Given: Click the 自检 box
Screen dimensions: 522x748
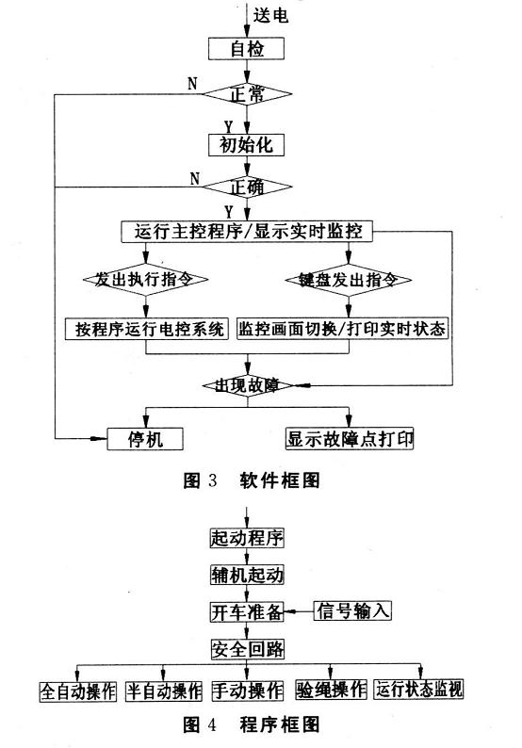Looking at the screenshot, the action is pos(246,49).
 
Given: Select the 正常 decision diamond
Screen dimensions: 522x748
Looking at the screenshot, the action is pos(247,94).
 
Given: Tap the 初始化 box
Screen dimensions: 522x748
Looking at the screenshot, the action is pos(246,144).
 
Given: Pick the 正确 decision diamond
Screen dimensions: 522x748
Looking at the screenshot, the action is pos(247,187).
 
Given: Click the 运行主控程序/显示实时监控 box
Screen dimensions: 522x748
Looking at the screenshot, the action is pos(247,232).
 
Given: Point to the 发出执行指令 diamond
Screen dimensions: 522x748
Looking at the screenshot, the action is pos(145,279).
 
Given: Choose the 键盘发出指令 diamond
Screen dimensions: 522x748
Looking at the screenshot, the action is pos(349,280).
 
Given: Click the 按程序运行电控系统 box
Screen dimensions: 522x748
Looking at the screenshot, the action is pos(147,329).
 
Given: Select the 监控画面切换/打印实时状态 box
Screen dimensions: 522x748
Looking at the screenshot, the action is pos(343,329).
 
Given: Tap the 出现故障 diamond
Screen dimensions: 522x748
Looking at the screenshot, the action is pos(247,385).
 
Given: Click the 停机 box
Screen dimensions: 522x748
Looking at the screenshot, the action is pos(145,439).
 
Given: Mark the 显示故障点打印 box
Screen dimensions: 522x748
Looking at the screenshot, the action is pos(350,439).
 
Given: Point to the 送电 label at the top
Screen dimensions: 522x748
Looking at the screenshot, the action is pos(270,15).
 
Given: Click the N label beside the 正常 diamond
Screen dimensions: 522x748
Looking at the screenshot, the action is pos(192,84).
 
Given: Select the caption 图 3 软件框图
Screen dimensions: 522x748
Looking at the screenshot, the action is pos(252,480).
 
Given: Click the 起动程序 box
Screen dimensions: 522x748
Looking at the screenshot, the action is pos(247,538).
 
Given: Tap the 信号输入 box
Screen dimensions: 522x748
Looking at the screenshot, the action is pos(352,610).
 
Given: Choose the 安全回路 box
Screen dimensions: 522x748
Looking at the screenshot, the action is pos(248,649).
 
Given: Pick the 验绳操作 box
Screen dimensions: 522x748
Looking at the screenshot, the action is pos(331,690).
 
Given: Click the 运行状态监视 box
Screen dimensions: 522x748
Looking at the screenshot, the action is pos(418,690).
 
